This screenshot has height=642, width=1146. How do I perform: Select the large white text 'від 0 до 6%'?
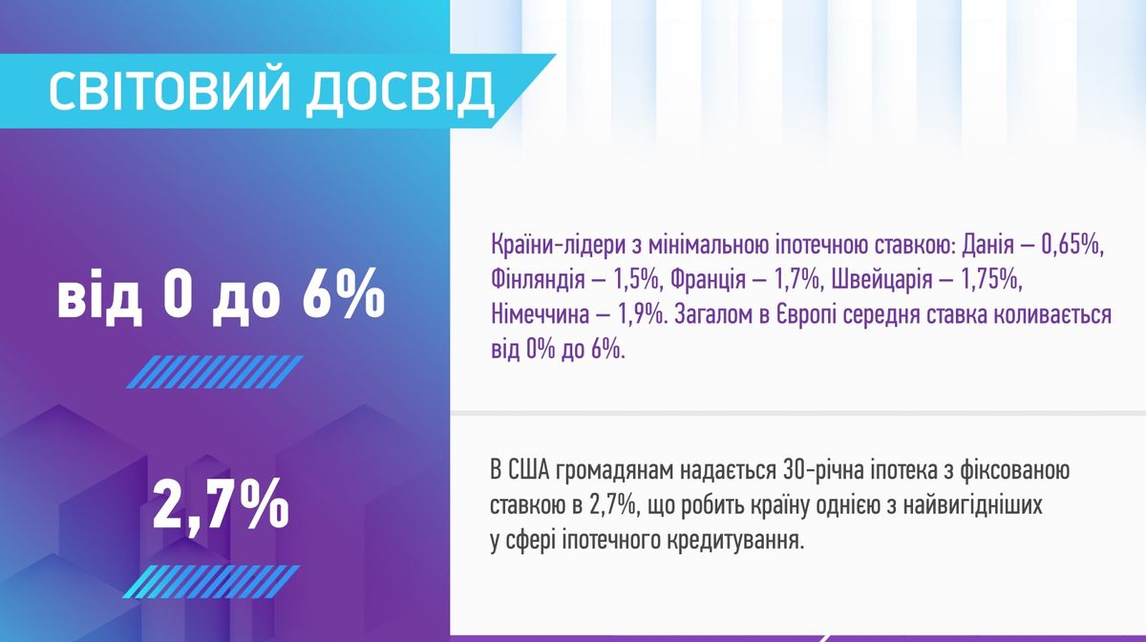click(221, 296)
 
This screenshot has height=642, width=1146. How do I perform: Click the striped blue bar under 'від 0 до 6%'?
click(215, 373)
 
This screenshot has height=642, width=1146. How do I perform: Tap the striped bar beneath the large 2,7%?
click(212, 582)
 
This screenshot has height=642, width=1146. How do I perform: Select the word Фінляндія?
click(538, 281)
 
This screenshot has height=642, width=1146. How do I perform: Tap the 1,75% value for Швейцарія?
click(991, 282)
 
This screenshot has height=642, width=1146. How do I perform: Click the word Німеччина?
click(540, 315)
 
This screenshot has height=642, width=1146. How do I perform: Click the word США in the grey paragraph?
click(529, 471)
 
